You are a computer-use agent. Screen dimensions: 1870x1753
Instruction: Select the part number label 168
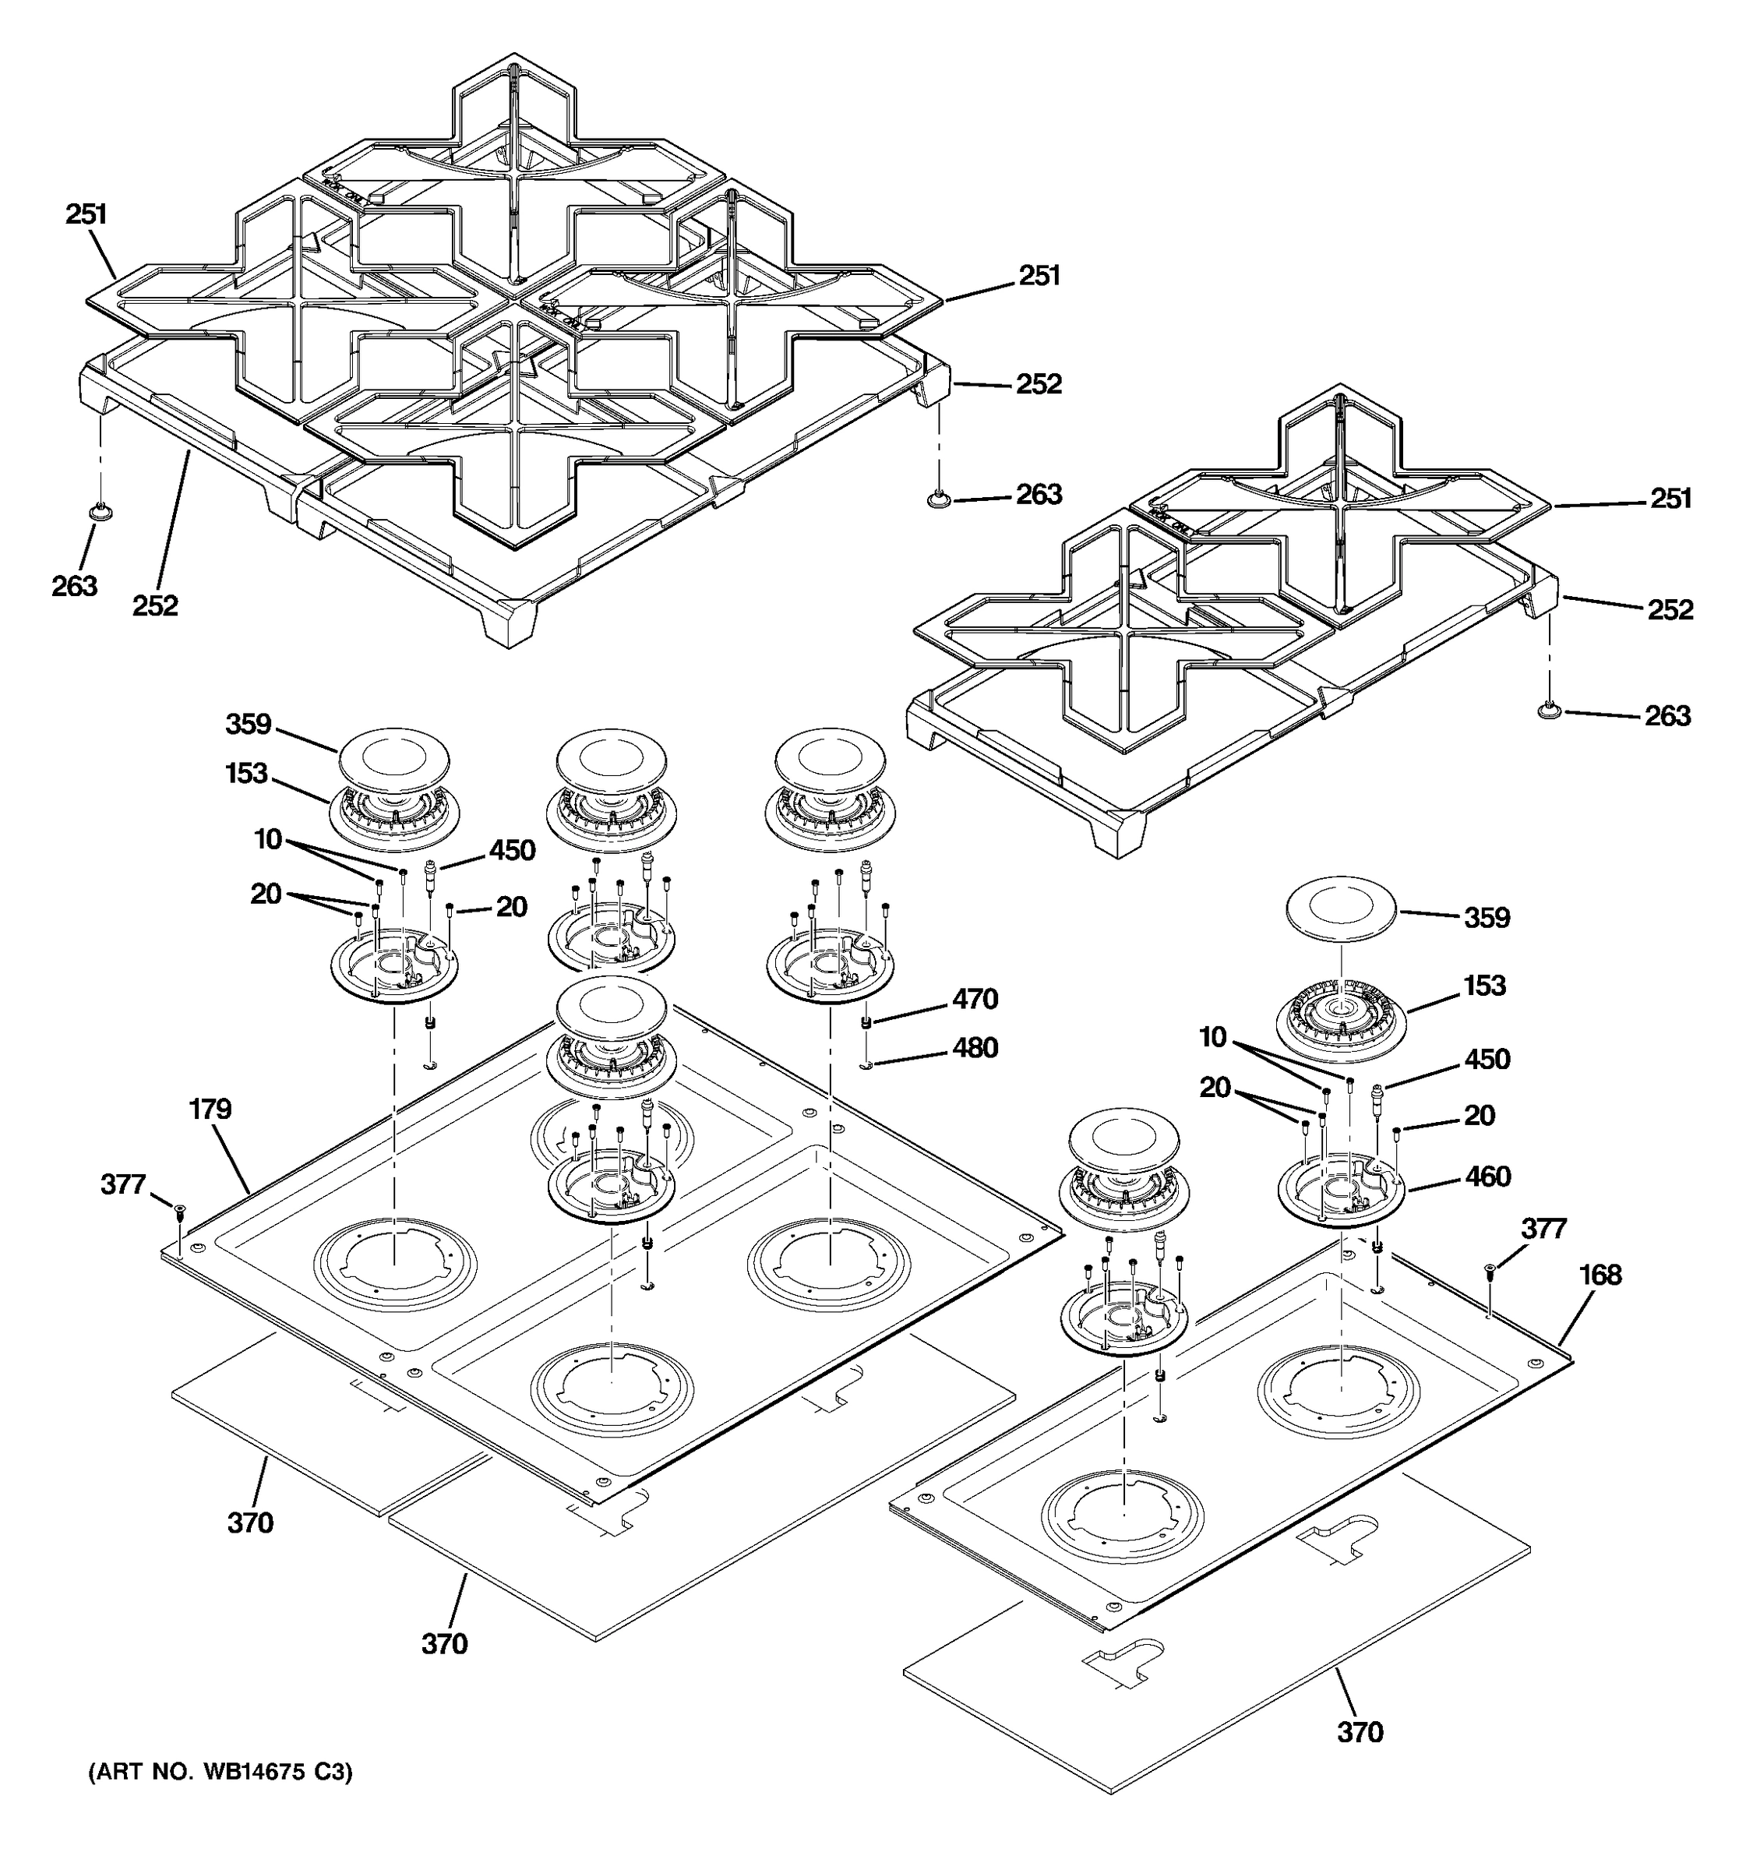(x=1600, y=1275)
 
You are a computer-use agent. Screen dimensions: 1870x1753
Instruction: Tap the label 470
(x=975, y=999)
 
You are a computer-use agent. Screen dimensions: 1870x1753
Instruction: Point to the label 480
(x=975, y=1048)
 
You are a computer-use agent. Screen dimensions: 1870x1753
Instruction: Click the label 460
(x=1488, y=1177)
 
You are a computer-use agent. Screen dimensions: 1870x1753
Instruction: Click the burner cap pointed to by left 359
(x=393, y=758)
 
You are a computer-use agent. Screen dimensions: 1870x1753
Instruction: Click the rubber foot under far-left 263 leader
(x=101, y=511)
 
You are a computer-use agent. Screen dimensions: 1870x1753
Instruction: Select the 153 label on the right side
(x=1484, y=986)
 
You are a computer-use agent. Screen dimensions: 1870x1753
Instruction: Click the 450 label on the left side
(x=512, y=852)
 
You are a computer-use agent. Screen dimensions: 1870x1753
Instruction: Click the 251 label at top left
(x=86, y=214)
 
